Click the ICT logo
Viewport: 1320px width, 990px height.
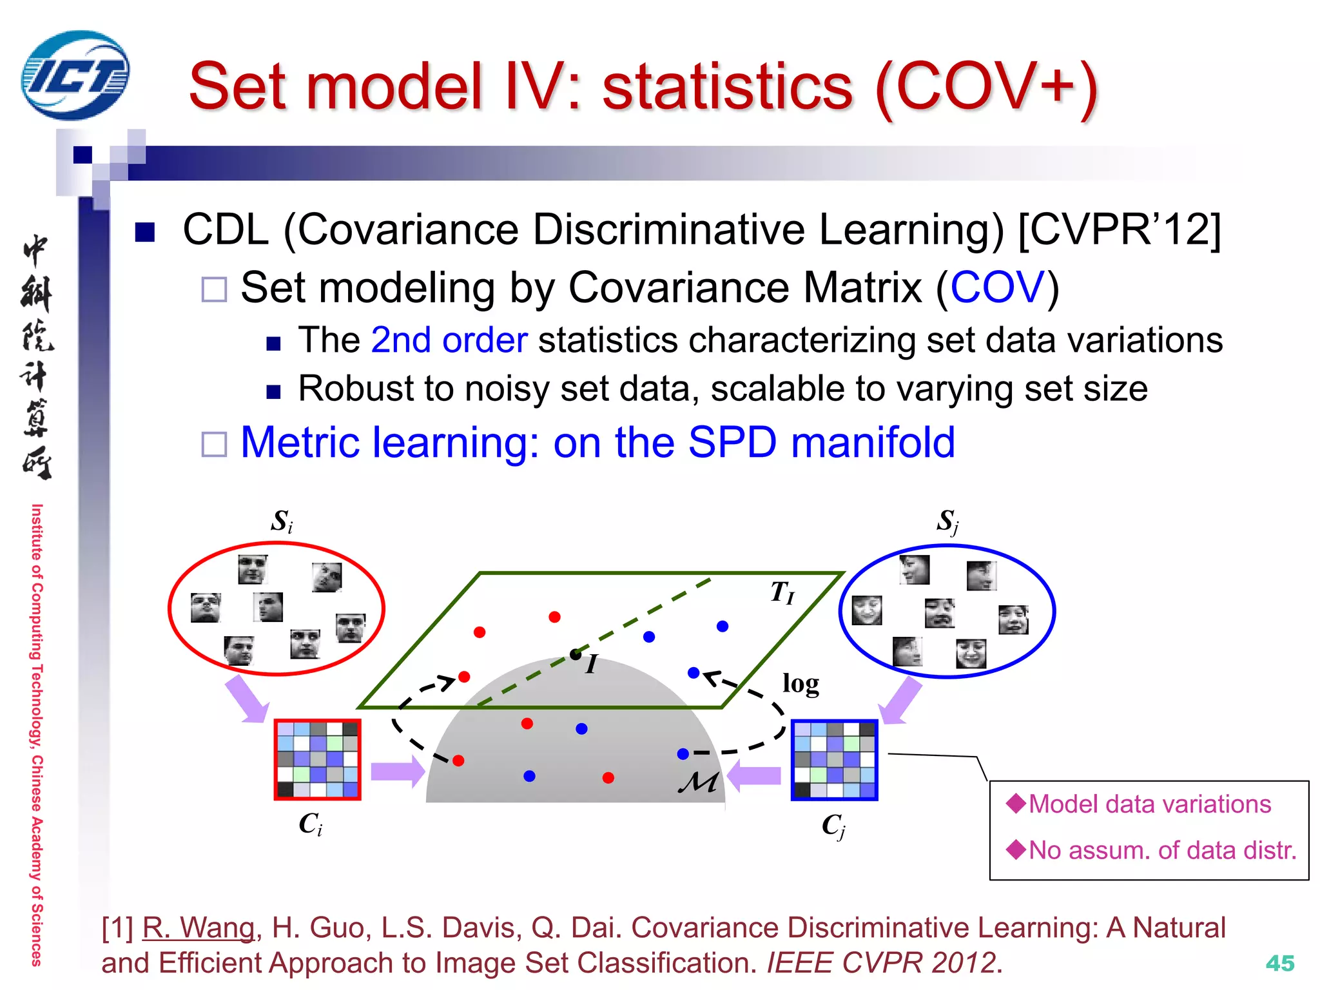click(x=75, y=75)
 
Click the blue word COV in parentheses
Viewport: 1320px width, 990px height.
click(x=997, y=287)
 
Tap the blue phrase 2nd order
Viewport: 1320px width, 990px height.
click(x=449, y=340)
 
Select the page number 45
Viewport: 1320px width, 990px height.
click(x=1279, y=964)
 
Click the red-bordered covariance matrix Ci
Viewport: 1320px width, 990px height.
click(x=317, y=760)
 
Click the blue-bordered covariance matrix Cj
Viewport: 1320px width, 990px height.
click(x=835, y=760)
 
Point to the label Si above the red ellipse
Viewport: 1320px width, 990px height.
click(x=282, y=521)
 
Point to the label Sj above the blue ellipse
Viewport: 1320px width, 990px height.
click(x=947, y=521)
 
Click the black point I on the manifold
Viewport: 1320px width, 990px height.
click(x=576, y=655)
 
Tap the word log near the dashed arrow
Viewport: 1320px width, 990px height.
click(x=801, y=684)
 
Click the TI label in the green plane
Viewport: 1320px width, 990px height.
click(x=782, y=592)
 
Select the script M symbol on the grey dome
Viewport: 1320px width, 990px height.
click(x=698, y=782)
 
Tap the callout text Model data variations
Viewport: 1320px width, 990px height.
click(x=1149, y=804)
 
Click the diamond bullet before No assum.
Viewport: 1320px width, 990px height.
click(x=1016, y=849)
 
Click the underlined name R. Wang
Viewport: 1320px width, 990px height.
click(x=199, y=928)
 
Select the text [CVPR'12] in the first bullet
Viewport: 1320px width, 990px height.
click(x=1119, y=229)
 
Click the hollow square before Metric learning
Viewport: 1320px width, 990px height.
click(x=214, y=444)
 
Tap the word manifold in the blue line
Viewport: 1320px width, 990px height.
click(x=873, y=443)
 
